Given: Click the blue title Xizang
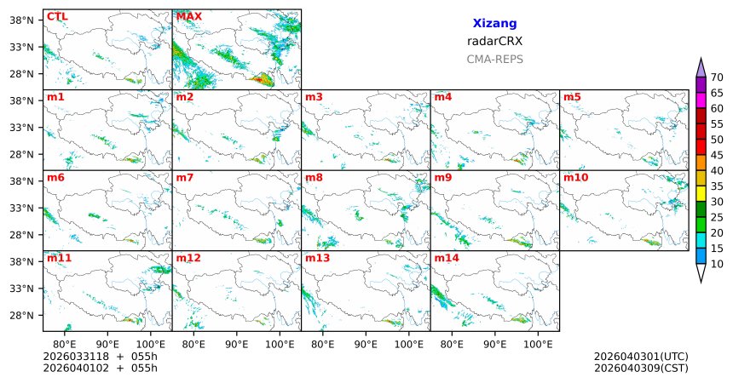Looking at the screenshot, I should (494, 24).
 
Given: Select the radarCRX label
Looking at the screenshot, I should (494, 41).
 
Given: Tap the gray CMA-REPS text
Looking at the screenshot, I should (494, 60).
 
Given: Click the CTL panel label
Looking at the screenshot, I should (57, 17).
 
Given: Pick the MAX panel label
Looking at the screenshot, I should (188, 17).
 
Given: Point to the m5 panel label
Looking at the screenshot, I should (571, 97).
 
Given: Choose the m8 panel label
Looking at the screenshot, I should (314, 178).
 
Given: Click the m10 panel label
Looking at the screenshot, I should (575, 178).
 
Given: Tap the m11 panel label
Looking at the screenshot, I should (59, 258).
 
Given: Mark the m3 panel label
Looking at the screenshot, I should (314, 97).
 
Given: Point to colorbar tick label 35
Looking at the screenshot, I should (717, 186).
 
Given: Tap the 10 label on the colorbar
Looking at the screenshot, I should (717, 265).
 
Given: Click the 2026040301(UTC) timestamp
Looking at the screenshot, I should (640, 356).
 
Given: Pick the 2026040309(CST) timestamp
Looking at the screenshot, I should (640, 368).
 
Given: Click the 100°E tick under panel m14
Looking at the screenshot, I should (538, 342).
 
